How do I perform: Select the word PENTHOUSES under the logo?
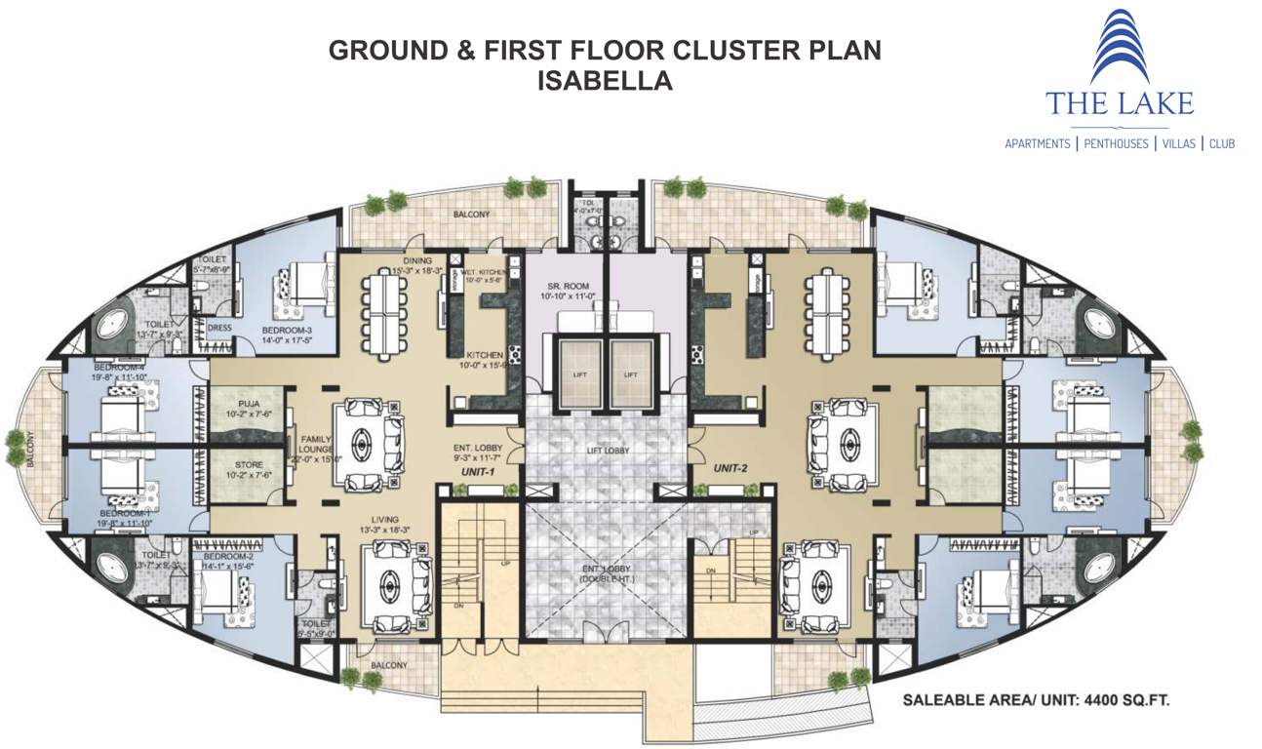pyautogui.click(x=1115, y=143)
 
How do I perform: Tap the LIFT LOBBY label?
pyautogui.click(x=607, y=450)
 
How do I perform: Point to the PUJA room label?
pyautogui.click(x=246, y=405)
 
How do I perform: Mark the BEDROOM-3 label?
pyautogui.click(x=287, y=332)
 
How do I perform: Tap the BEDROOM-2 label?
pyautogui.click(x=227, y=559)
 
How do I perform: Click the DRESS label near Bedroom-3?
pyautogui.click(x=219, y=328)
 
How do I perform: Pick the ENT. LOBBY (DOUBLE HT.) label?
pyautogui.click(x=607, y=572)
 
